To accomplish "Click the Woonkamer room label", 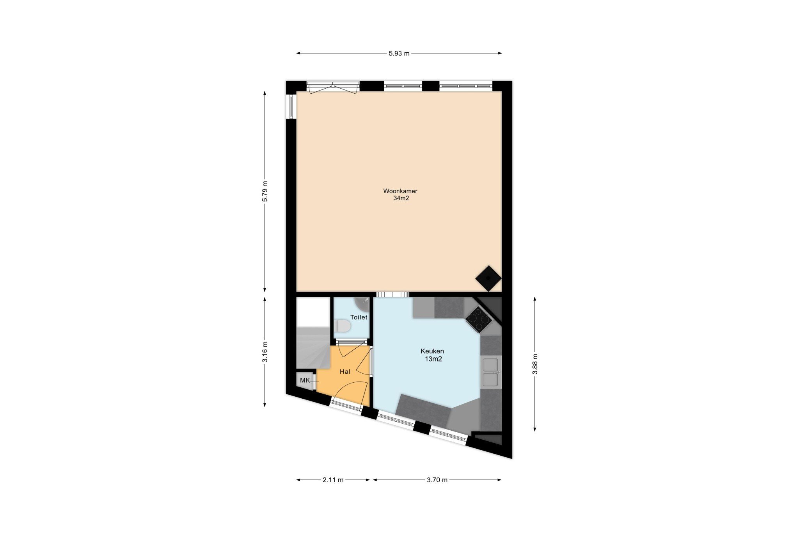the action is (x=400, y=191).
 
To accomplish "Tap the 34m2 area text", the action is (x=401, y=198).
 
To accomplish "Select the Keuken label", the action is (x=432, y=351).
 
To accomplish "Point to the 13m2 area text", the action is (x=433, y=359).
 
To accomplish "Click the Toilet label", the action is (x=359, y=317).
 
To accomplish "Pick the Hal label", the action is (x=345, y=371).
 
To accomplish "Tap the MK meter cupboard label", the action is (x=305, y=380).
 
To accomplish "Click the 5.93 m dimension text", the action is (x=399, y=53).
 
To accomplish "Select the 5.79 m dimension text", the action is (x=265, y=191).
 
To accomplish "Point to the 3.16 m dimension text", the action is (x=265, y=352).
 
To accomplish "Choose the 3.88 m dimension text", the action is (x=535, y=364).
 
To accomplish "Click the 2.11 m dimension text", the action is (x=333, y=480).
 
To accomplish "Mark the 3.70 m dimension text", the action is (x=437, y=480).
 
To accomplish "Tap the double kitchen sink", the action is (x=491, y=372).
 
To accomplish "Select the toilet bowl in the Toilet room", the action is (x=342, y=326).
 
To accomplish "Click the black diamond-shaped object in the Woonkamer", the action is (x=488, y=278).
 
